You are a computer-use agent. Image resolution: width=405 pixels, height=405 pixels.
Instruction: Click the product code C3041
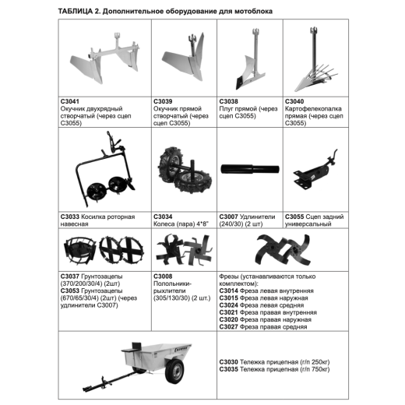[x=69, y=101]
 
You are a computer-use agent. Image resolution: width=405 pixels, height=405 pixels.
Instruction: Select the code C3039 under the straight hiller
[x=163, y=101]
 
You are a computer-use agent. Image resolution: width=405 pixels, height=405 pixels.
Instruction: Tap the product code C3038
[x=228, y=101]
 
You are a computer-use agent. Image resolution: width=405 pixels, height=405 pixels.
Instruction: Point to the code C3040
[x=294, y=101]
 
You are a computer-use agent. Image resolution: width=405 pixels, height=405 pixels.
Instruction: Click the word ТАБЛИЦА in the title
[x=76, y=12]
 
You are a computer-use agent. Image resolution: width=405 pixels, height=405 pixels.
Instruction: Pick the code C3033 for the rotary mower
[x=69, y=217]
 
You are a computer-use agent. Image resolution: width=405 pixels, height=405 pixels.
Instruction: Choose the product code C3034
[x=163, y=217]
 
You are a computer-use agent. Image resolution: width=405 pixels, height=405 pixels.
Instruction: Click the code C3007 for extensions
[x=228, y=217]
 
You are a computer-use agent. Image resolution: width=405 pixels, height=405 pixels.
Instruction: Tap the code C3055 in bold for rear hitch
[x=294, y=217]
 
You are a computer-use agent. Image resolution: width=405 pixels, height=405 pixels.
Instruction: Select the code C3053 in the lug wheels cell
[x=69, y=291]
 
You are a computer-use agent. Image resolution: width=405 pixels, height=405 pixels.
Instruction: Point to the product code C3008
[x=163, y=276]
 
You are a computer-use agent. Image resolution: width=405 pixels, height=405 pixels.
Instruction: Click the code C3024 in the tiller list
[x=228, y=305]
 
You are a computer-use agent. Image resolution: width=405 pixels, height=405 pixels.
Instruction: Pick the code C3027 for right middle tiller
[x=228, y=327]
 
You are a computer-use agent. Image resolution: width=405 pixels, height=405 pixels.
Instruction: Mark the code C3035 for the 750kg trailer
[x=228, y=369]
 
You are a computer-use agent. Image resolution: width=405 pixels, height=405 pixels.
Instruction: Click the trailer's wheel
[x=174, y=372]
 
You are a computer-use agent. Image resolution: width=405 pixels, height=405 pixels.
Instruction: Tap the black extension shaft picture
[x=250, y=169]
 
